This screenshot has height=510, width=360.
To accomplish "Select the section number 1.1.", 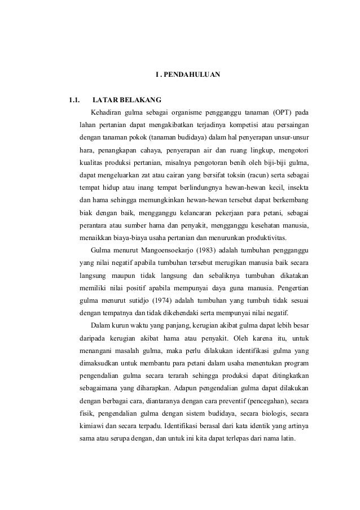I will [x=74, y=100].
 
